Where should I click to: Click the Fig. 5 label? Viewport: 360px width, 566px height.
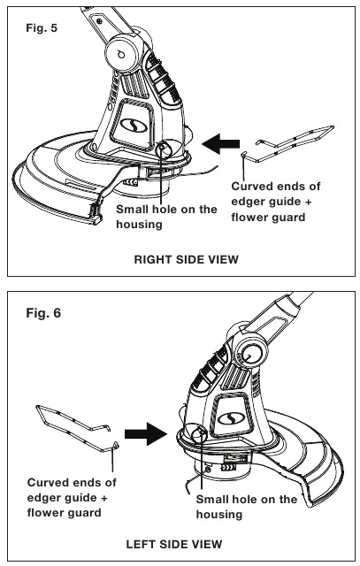pyautogui.click(x=42, y=27)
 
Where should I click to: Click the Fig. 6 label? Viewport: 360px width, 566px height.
pyautogui.click(x=43, y=312)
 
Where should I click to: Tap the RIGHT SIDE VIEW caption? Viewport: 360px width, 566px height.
pyautogui.click(x=187, y=259)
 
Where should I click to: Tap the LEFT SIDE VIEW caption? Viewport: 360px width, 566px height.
pyautogui.click(x=174, y=544)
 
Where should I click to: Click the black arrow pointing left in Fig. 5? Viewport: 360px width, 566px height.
pyautogui.click(x=220, y=143)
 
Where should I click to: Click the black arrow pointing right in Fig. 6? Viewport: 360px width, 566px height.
pyautogui.click(x=146, y=433)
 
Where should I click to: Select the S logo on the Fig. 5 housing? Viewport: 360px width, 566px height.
pyautogui.click(x=132, y=125)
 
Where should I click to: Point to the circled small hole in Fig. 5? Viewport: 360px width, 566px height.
pyautogui.click(x=164, y=148)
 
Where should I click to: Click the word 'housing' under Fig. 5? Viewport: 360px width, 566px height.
pyautogui.click(x=140, y=225)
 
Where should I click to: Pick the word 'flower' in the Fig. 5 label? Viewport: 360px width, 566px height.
pyautogui.click(x=250, y=218)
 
